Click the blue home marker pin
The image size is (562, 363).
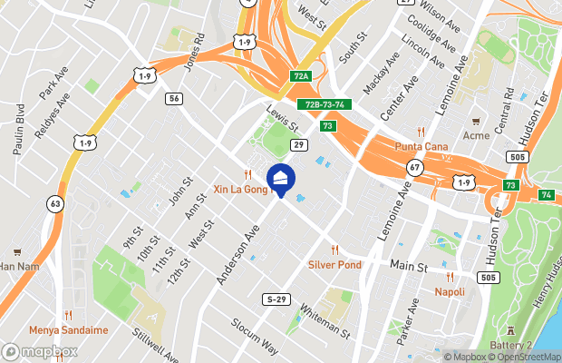[x=281, y=179]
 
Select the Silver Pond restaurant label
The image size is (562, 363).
[x=334, y=264]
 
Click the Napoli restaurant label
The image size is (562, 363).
[x=450, y=291]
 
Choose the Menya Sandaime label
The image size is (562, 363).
[x=68, y=329]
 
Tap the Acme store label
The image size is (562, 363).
[x=475, y=135]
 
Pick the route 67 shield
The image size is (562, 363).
[x=414, y=167]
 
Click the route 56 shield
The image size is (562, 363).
[x=175, y=98]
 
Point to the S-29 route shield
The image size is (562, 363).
[x=276, y=299]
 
